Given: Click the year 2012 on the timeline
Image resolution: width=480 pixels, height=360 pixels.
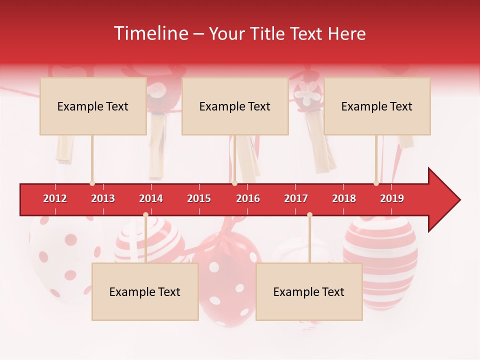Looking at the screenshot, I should click(55, 198).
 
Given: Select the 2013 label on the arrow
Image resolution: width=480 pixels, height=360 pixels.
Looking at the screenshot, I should click(103, 198).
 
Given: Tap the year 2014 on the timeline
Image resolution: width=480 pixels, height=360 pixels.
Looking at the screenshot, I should click(151, 198).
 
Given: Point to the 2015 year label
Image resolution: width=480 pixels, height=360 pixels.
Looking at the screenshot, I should click(199, 198).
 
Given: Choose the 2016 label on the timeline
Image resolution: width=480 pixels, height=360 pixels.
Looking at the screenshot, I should click(248, 198).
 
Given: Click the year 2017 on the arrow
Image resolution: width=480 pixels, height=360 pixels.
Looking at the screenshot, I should click(296, 198).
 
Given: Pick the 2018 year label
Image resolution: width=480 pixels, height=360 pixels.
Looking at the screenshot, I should click(344, 198).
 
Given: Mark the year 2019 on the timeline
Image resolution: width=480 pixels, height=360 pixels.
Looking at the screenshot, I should click(392, 198).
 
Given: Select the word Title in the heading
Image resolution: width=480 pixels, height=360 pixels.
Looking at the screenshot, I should click(265, 33).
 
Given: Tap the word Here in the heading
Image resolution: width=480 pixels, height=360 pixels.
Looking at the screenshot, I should click(346, 33).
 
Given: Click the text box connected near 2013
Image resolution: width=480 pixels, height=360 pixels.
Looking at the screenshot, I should click(93, 106).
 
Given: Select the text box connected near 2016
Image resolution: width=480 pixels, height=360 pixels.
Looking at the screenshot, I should click(235, 106).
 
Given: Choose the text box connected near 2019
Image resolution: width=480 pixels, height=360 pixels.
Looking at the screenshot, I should click(377, 106).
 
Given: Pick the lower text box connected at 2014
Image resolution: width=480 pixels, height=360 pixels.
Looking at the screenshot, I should click(145, 291).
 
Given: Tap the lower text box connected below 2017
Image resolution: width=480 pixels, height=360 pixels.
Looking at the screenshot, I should click(309, 291).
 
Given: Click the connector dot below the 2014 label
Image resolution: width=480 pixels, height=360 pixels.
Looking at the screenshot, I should click(145, 215).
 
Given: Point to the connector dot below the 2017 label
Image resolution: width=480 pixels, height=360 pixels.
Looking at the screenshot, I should click(309, 215).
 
